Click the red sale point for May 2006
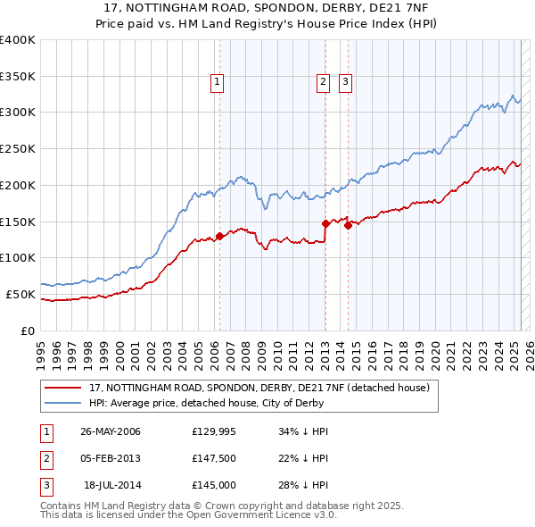pos(219,236)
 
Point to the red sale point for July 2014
pos(348,225)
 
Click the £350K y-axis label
pos(18,76)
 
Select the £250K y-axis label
pos(18,148)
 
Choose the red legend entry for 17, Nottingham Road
pos(259,388)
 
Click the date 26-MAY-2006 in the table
pos(110,431)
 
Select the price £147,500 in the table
pos(213,458)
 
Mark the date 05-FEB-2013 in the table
pos(110,458)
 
